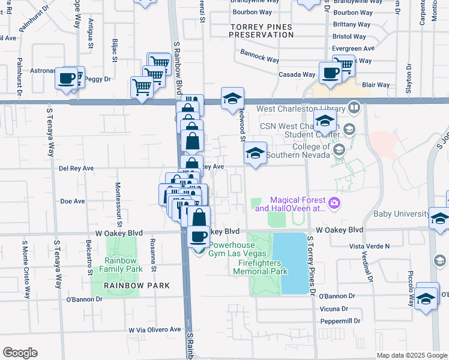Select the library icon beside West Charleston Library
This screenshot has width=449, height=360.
pos(354,109)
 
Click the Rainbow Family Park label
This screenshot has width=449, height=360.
pos(123,265)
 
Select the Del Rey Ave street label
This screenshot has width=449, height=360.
pos(76,169)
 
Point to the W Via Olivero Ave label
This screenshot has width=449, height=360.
pos(154,329)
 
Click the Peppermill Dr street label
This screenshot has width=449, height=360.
pos(340,321)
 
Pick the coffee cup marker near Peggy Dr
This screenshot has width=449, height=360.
pos(67,78)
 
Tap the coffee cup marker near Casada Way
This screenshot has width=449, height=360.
pos(330,73)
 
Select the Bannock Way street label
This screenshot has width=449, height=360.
pos(260,60)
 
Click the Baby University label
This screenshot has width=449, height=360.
pos(401,214)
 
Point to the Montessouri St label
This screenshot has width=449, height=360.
pos(119,204)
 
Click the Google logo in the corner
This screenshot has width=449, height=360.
pos(20,353)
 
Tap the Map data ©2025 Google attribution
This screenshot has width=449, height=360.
pos(411,355)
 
